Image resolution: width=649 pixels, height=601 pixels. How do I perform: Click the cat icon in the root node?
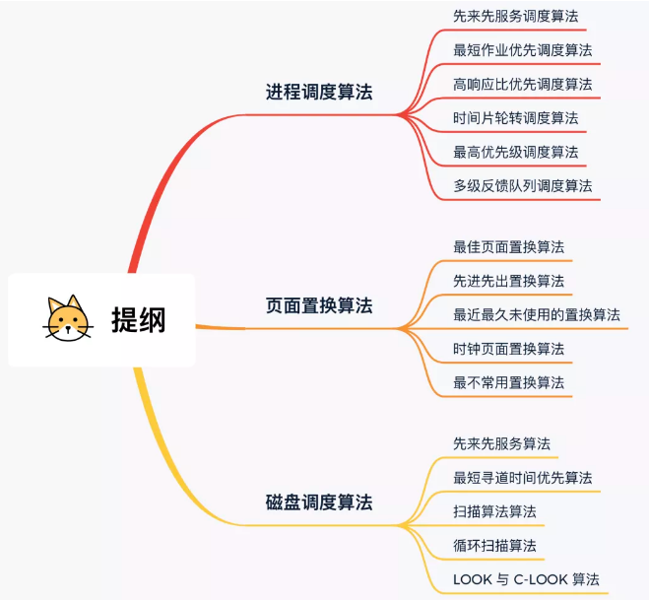pyautogui.click(x=66, y=319)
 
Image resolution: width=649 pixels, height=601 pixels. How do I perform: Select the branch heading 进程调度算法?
pyautogui.click(x=319, y=93)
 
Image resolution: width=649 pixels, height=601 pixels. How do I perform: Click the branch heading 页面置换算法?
pyautogui.click(x=319, y=305)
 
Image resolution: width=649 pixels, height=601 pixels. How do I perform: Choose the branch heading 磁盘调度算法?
pyautogui.click(x=319, y=502)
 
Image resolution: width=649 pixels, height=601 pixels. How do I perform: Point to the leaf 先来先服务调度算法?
pyautogui.click(x=515, y=16)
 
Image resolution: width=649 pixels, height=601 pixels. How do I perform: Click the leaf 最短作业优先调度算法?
pyautogui.click(x=522, y=49)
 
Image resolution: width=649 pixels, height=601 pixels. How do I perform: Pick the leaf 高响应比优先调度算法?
pyautogui.click(x=522, y=84)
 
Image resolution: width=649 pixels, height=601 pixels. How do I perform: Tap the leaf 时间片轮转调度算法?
pyautogui.click(x=515, y=118)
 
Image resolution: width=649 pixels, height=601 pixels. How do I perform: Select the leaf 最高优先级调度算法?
pyautogui.click(x=515, y=152)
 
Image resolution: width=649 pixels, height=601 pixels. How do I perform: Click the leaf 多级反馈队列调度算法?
pyautogui.click(x=522, y=185)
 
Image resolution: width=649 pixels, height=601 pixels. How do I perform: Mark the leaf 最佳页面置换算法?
pyautogui.click(x=508, y=246)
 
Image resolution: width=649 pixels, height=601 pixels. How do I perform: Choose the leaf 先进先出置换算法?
pyautogui.click(x=508, y=281)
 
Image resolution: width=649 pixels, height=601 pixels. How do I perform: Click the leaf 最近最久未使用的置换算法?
pyautogui.click(x=536, y=314)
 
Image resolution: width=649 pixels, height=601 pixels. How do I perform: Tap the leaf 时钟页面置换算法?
pyautogui.click(x=508, y=349)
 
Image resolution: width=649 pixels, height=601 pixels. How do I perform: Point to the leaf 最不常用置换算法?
pyautogui.click(x=508, y=382)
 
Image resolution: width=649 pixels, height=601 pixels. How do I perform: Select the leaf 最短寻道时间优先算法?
pyautogui.click(x=522, y=478)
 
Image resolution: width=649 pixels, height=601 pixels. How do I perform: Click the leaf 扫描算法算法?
pyautogui.click(x=494, y=511)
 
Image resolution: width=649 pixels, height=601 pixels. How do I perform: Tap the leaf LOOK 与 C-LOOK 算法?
pyautogui.click(x=526, y=579)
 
